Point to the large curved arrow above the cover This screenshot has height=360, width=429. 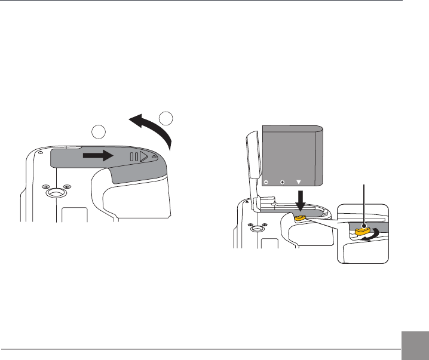tap(153, 128)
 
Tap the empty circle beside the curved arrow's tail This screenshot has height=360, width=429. tap(168, 118)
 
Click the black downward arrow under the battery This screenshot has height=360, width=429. tap(301, 200)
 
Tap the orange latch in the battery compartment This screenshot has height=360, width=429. tap(301, 217)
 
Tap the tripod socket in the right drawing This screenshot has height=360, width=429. tap(256, 229)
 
